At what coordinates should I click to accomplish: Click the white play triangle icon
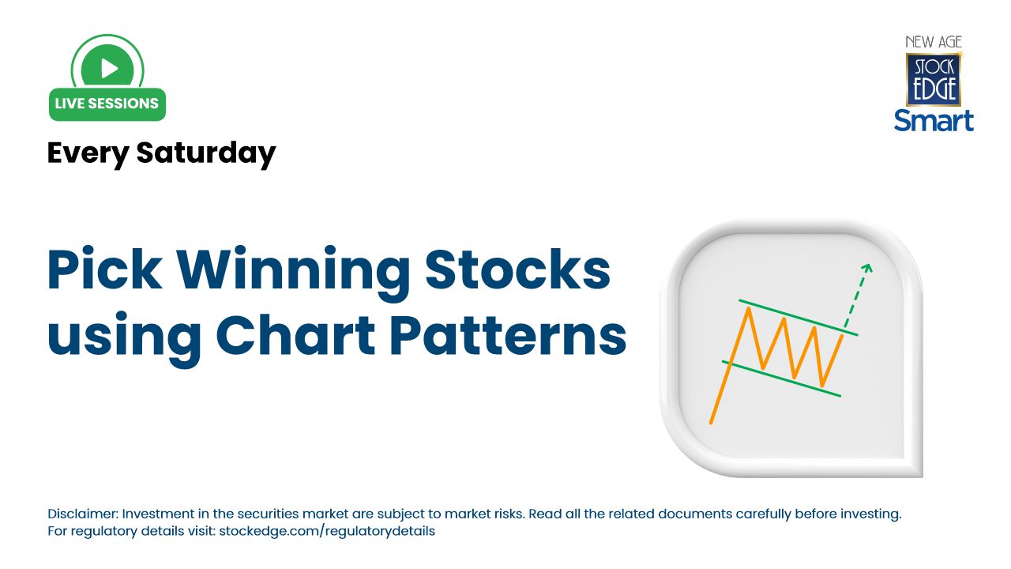pos(109,69)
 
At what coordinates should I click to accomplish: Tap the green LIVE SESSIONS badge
pos(107,104)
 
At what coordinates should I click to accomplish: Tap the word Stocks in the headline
pos(518,270)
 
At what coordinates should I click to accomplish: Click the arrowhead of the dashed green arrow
pos(866,268)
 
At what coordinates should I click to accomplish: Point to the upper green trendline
pos(798,317)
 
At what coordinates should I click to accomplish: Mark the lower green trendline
pos(782,379)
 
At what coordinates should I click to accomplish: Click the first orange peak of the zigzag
pos(747,308)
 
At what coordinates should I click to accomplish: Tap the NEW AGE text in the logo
pos(934,42)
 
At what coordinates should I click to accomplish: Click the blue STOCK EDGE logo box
pos(933,78)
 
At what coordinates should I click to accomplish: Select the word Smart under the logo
pos(934,119)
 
